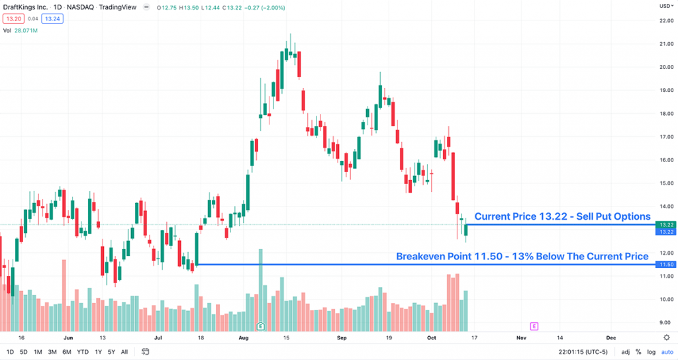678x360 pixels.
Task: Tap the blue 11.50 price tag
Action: tap(665, 265)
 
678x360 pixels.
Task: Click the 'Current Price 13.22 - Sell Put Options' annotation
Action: tap(562, 216)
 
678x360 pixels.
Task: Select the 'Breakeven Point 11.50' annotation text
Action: tap(522, 256)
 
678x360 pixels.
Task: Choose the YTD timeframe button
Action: tap(83, 351)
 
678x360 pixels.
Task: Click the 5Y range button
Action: tap(111, 351)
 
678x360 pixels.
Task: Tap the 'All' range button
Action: tap(124, 351)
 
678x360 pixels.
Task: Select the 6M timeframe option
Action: tap(67, 351)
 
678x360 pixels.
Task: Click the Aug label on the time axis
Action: tap(243, 337)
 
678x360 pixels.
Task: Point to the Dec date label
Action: tap(610, 337)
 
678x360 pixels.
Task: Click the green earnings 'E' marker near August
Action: tap(261, 326)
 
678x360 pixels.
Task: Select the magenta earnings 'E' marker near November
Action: tap(534, 326)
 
